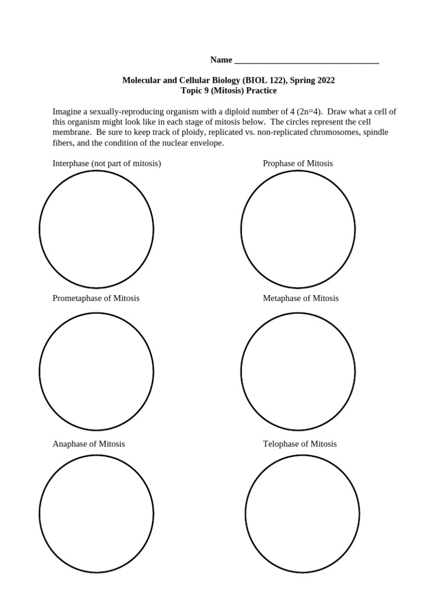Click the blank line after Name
pos(306,60)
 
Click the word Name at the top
pos(221,60)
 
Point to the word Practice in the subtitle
pos(260,91)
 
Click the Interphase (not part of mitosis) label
pos(107,164)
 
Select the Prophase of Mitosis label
pos(297,164)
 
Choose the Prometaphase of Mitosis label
pos(96,298)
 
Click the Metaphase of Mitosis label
pos(300,298)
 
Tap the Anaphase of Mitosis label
pos(88,444)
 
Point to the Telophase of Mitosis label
pos(299,444)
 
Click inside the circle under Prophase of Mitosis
pos(297,229)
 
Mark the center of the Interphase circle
pos(96,229)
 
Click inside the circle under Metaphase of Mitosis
pos(297,371)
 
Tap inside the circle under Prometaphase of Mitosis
pos(96,371)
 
